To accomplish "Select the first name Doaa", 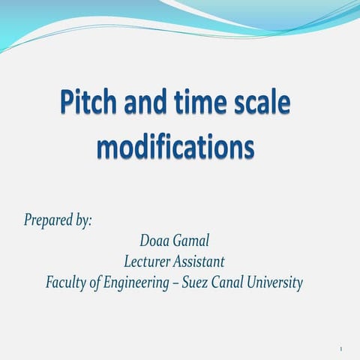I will point(155,240).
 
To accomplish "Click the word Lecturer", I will point(148,262).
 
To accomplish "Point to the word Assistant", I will point(200,262).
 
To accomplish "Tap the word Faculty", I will point(66,283).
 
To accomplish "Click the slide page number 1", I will point(340,349).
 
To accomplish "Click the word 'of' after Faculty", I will point(95,283).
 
